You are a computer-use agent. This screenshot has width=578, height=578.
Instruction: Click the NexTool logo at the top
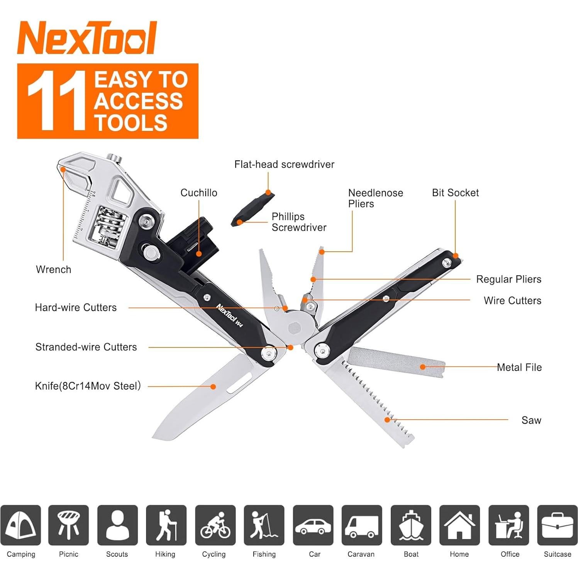[x=87, y=38]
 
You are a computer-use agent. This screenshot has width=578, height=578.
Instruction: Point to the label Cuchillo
[x=199, y=193]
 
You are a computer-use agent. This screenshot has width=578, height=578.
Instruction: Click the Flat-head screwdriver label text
[x=284, y=164]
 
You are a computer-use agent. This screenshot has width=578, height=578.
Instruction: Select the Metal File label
[x=519, y=367]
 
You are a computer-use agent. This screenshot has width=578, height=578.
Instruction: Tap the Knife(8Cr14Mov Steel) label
[x=88, y=386]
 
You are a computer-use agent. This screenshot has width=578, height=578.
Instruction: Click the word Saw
[x=531, y=420]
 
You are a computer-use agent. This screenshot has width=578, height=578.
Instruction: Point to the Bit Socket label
[x=455, y=193]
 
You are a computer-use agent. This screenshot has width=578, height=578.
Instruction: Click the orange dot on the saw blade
[x=387, y=419]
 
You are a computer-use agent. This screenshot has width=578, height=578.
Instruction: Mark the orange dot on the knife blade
[x=213, y=386]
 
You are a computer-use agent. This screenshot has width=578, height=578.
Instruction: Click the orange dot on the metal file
[x=422, y=367]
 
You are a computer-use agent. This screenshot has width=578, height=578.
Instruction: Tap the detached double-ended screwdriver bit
[x=253, y=209]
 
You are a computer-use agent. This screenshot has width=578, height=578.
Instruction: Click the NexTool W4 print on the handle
[x=229, y=315]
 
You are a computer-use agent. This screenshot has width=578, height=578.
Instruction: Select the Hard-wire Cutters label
[x=76, y=307]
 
